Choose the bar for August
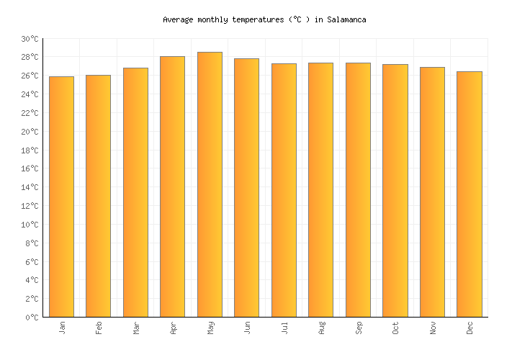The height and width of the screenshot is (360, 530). pos(321,190)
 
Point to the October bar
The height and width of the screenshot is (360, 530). pos(395,191)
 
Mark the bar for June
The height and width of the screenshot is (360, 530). pos(247,188)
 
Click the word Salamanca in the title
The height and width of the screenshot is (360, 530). pos(346,19)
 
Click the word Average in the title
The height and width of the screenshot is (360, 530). pos(178,19)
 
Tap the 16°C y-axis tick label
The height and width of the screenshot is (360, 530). pos(30,169)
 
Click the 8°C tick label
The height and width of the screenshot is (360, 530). pos(32,243)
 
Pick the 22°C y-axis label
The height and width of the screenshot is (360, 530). pos(30,113)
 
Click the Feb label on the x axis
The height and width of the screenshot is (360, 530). pos(99,328)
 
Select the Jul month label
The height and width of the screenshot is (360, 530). pos(284,328)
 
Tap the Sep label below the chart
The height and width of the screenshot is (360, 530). pos(359,328)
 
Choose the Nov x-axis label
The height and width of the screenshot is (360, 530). pos(433,328)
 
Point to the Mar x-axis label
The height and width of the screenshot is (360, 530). pos(136,328)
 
